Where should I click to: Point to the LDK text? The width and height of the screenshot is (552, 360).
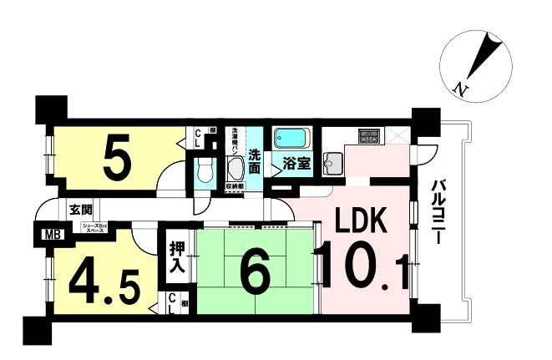(362, 222)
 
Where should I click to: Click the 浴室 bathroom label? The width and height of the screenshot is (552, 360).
(296, 164)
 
